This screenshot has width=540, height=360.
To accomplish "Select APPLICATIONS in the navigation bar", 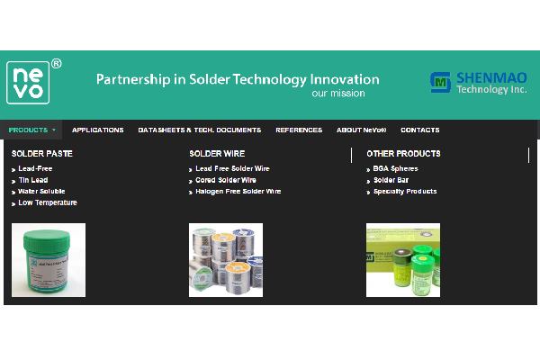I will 97,130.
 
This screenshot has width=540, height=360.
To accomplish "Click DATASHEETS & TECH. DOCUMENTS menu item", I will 199,130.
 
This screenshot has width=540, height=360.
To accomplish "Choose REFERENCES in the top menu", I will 298,130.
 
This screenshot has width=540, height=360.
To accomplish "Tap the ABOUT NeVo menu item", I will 361,130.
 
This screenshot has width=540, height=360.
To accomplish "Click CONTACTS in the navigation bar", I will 420,130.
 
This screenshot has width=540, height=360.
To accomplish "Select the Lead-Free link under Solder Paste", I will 35,168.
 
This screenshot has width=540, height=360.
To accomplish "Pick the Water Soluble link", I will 41,191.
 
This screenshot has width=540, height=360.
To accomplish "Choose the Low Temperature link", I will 47,202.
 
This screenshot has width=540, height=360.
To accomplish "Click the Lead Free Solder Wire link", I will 232,168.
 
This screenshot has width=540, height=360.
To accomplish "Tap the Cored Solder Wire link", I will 225,180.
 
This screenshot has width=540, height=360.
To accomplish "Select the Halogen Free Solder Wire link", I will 238,191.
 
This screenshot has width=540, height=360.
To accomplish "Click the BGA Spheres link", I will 395,168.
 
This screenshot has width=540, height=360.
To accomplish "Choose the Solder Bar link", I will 391,180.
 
